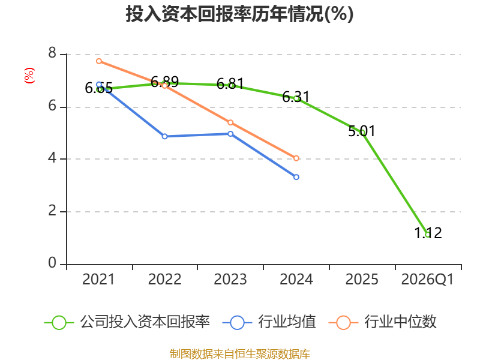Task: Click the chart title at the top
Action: [239, 14]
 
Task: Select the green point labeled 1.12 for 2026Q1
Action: [428, 235]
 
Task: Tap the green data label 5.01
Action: [362, 131]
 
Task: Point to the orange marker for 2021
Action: [99, 61]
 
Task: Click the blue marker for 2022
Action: [164, 136]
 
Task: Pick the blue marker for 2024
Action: [296, 177]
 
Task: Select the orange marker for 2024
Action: [296, 158]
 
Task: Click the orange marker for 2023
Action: [230, 122]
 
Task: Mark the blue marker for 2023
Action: [230, 134]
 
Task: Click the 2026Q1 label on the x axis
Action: [427, 279]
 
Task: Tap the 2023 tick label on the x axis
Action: [230, 279]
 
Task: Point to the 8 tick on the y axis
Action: [52, 53]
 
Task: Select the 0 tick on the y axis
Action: [52, 263]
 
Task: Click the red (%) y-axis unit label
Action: [29, 76]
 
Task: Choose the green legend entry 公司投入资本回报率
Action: [127, 322]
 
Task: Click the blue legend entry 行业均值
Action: [269, 322]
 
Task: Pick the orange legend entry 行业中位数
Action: [383, 322]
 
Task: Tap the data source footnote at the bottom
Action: [240, 353]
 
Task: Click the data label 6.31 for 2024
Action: [296, 97]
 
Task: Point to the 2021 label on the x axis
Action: [98, 279]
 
